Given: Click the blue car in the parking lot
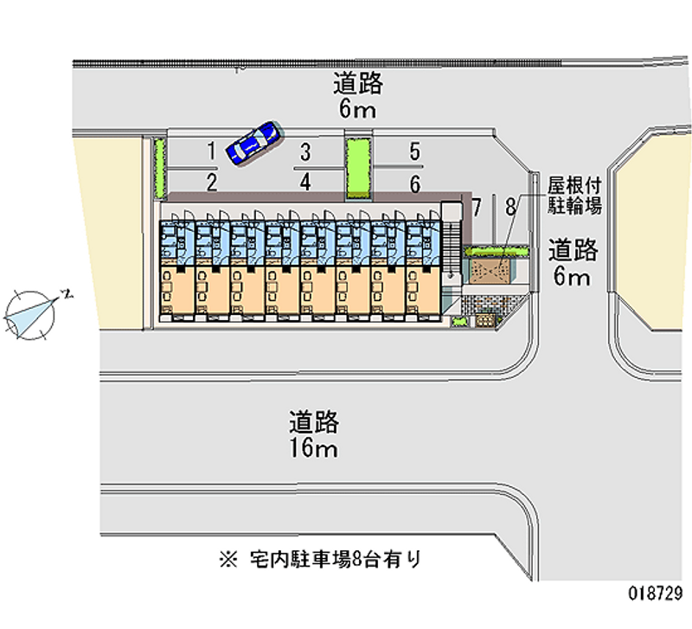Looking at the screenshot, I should click(253, 141).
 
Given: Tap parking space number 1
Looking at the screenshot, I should click(211, 152).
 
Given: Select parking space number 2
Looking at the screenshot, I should click(211, 182).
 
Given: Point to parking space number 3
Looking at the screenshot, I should click(304, 152).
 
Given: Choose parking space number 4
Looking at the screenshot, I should click(304, 182).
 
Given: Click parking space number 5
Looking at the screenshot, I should click(415, 152).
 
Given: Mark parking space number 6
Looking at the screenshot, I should click(415, 183).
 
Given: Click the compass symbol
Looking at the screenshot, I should click(30, 312).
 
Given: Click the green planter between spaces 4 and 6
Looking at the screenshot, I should click(357, 166).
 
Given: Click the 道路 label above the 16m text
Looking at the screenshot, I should click(314, 423).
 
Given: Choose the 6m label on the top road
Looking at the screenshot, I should click(357, 110).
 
